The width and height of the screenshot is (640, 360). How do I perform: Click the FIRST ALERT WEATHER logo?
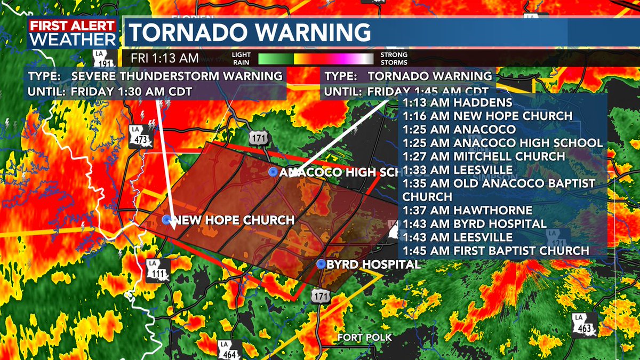pos(73,33)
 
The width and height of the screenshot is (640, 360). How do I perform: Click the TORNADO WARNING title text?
pos(251,33)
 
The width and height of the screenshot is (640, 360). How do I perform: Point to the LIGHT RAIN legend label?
pos(242,58)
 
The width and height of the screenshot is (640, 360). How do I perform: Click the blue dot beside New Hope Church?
pos(167,220)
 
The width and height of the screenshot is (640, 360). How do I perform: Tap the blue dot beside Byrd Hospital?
pos(321,264)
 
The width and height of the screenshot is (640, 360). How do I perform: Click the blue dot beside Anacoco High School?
pos(274,172)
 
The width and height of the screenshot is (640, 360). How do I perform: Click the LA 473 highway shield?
pos(141,138)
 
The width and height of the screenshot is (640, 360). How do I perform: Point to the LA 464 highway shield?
pos(229,350)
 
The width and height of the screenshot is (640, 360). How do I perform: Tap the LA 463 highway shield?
pos(583,325)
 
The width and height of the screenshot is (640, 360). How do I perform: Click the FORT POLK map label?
pos(364,338)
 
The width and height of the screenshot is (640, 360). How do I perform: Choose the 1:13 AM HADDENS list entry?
pos(457,102)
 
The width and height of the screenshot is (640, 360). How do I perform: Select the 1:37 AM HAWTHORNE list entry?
pos(467,210)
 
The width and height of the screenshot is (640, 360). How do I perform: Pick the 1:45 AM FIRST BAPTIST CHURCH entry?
pos(496,251)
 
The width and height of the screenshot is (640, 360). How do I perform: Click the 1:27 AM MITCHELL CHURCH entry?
pos(483,156)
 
